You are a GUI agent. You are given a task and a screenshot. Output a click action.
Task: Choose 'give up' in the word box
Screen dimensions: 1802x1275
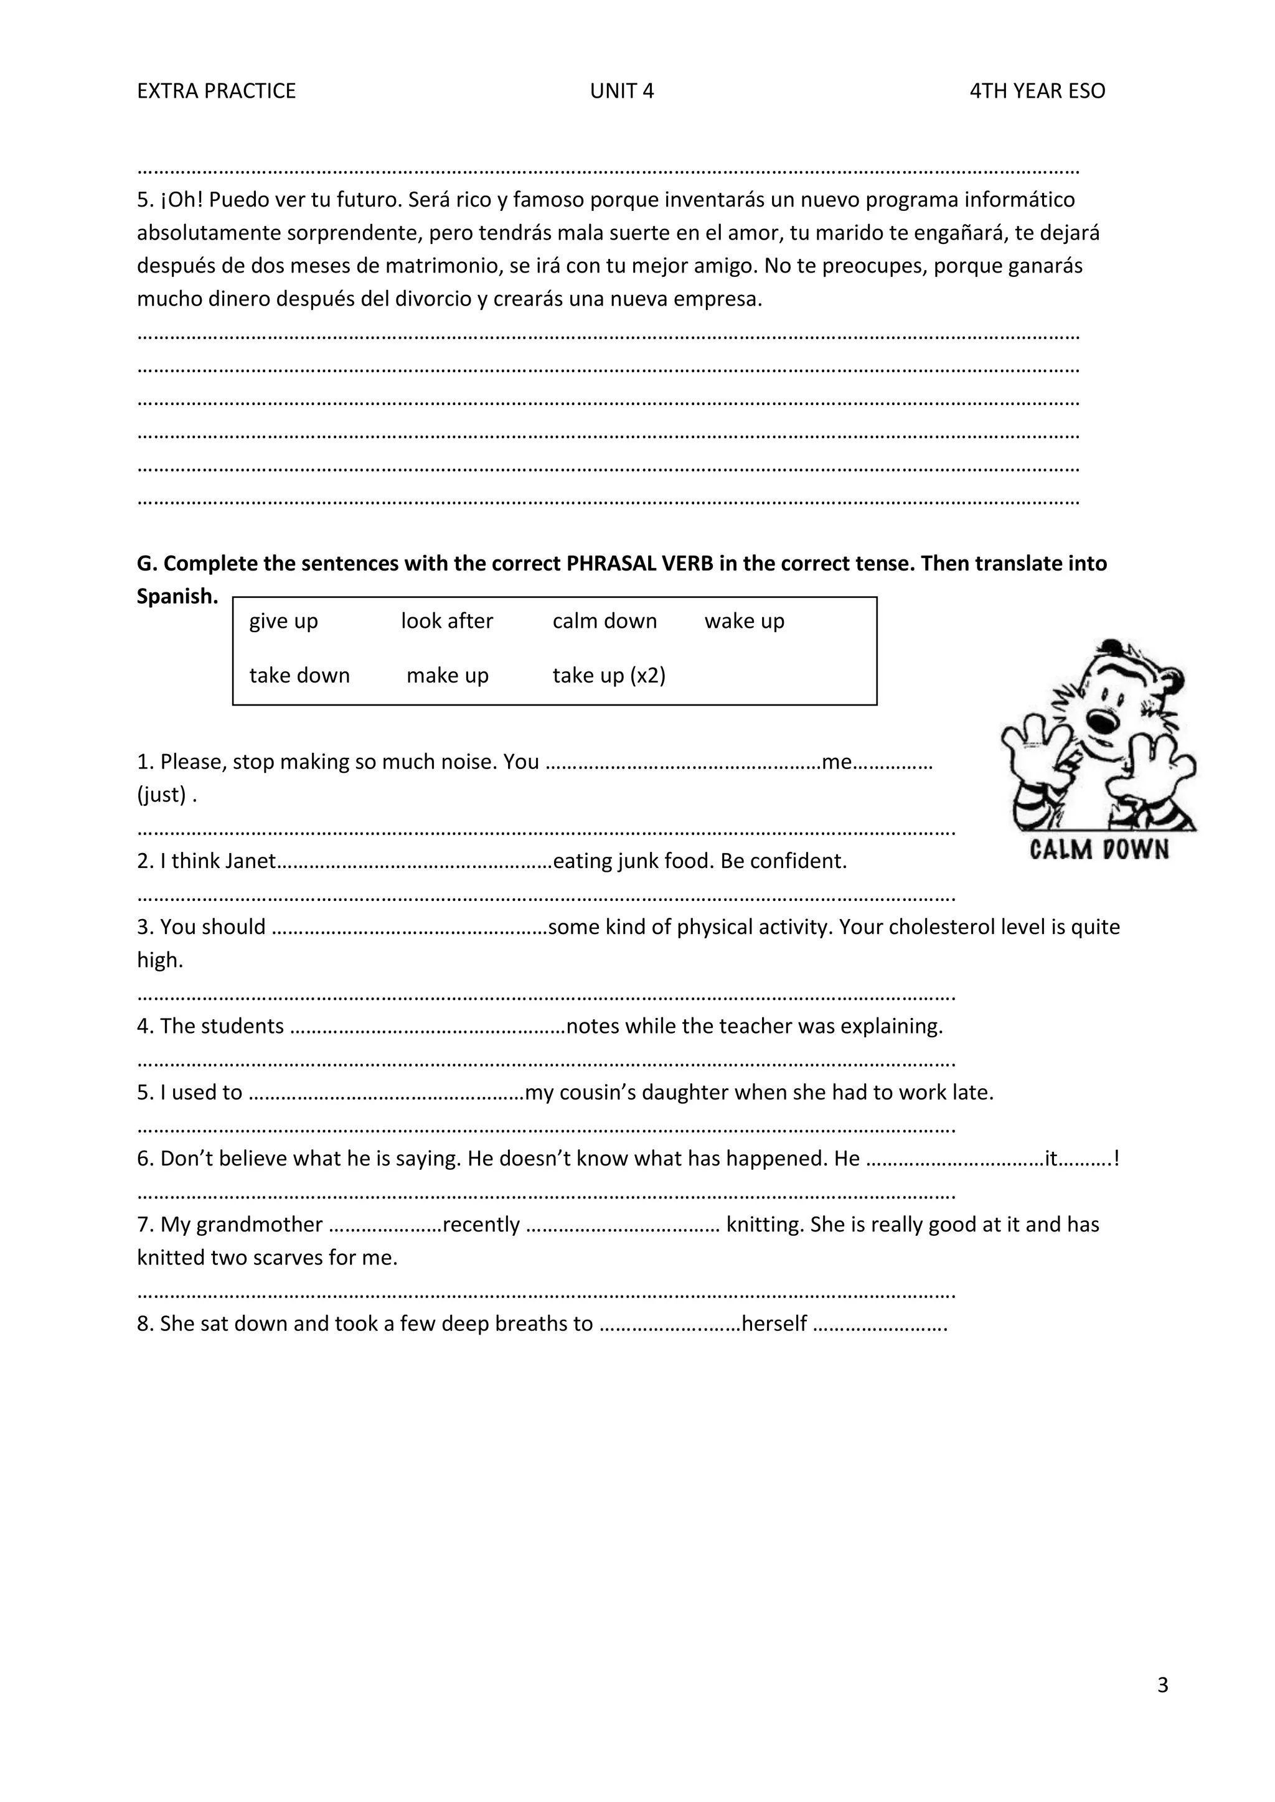point(283,621)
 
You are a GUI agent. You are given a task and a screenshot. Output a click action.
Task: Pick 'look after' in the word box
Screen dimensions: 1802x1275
point(447,621)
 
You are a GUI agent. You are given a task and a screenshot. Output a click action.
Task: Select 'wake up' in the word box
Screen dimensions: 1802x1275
point(745,621)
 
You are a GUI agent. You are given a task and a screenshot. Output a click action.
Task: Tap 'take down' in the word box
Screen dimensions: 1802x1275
point(299,675)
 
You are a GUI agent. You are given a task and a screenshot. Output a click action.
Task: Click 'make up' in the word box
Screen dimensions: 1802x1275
point(448,675)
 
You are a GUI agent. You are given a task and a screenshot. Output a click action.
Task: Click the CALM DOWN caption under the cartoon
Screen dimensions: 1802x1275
point(1099,849)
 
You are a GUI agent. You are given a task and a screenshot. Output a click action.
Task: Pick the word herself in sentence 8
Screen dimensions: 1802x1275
point(774,1323)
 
